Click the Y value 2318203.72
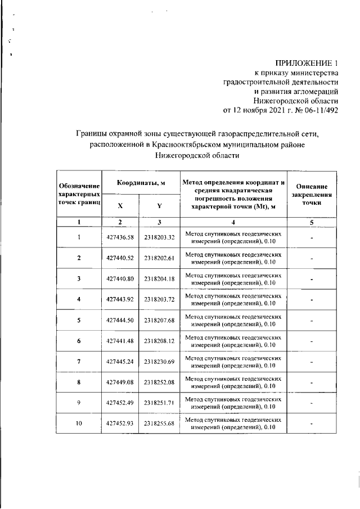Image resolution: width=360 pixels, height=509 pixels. tap(159, 299)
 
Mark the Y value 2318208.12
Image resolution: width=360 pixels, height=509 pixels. tap(159, 341)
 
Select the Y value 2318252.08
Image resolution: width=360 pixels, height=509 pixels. tap(159, 382)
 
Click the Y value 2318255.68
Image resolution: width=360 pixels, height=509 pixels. tap(159, 424)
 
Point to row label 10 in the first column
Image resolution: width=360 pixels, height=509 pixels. tap(79, 424)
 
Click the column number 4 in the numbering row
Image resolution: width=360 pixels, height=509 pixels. tap(233, 222)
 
